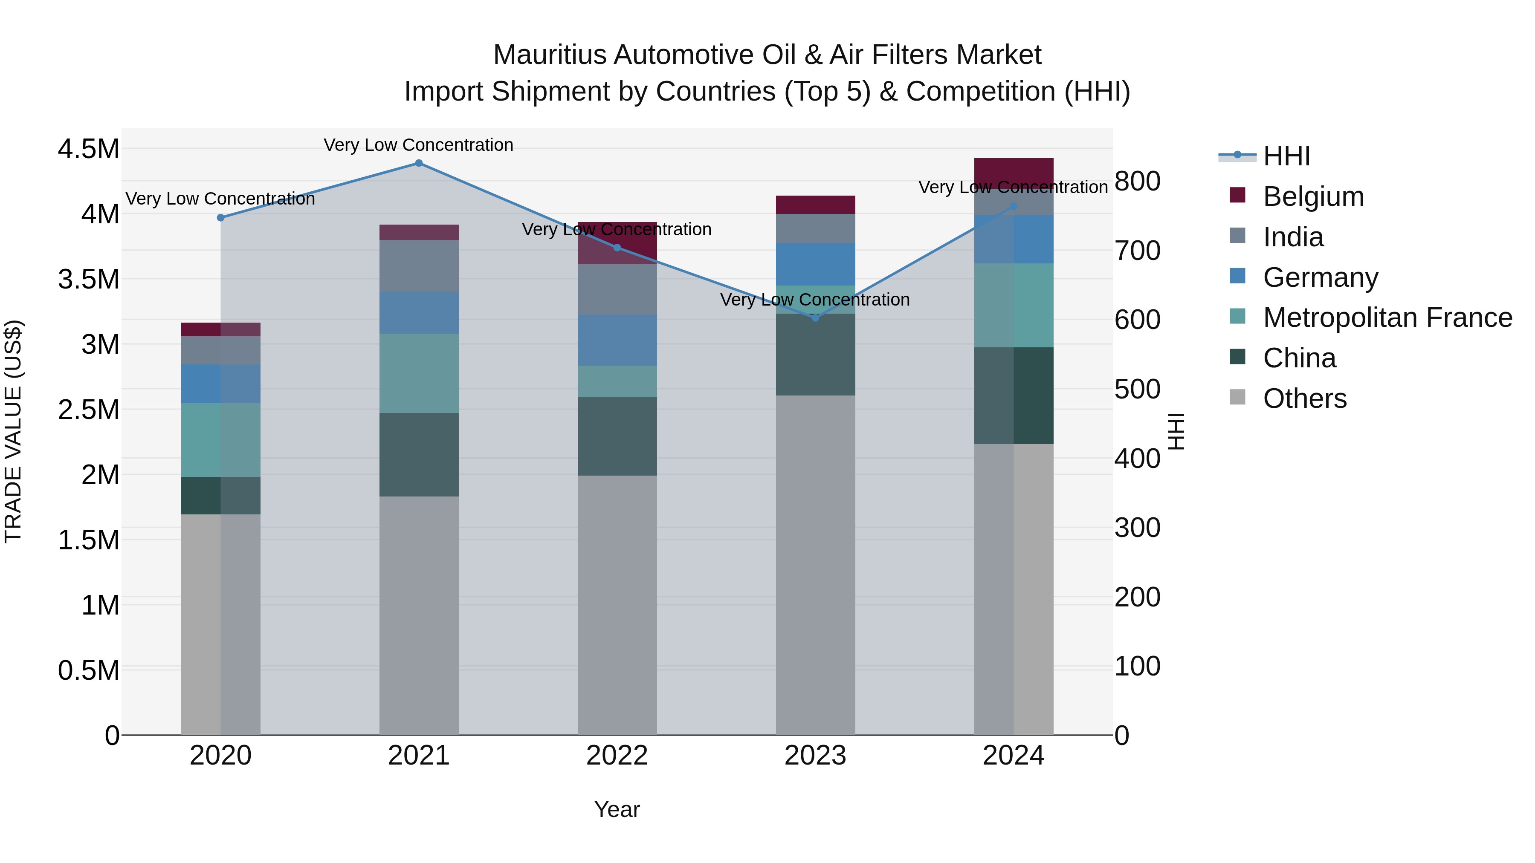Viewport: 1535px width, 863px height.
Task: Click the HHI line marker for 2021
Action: tap(418, 163)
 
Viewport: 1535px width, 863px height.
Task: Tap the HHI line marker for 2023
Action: tap(815, 318)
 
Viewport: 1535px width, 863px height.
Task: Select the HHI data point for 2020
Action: tap(220, 218)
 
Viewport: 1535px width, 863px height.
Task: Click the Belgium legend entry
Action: tap(1313, 196)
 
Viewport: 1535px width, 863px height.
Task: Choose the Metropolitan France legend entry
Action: tap(1387, 318)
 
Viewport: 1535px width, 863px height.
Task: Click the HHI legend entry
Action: tap(1286, 156)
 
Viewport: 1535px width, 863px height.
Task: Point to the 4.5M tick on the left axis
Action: tap(88, 149)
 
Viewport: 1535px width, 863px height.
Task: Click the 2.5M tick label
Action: tap(88, 410)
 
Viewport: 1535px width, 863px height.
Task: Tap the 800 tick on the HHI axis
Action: tap(1137, 181)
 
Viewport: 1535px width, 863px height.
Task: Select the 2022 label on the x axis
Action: tap(617, 756)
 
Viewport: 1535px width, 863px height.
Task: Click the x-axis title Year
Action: tap(617, 809)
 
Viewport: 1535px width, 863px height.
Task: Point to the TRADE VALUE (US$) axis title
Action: tap(13, 431)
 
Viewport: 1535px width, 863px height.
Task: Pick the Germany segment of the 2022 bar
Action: tap(617, 340)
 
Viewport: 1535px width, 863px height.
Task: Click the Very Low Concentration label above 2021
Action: tap(418, 145)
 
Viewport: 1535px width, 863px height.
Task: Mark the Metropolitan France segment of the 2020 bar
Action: tap(220, 440)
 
